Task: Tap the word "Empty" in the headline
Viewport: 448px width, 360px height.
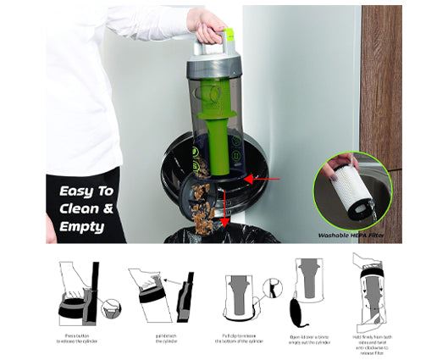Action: (82, 226)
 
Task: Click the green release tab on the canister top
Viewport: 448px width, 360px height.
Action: (228, 36)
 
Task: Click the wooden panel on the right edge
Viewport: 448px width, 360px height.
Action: (380, 85)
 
